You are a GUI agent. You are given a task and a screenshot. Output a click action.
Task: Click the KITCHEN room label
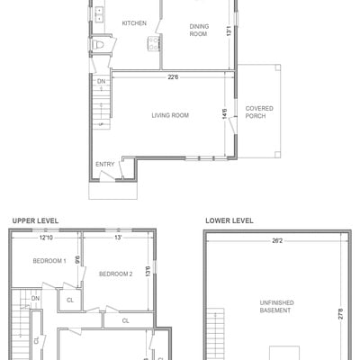134,23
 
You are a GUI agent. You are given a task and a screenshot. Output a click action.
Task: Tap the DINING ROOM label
199,30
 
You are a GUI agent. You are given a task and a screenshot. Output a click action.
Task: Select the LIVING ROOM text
170,115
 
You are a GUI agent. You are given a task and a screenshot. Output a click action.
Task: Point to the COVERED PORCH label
259,112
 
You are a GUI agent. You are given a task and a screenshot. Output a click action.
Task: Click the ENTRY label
105,164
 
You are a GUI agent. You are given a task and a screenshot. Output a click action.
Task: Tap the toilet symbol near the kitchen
98,45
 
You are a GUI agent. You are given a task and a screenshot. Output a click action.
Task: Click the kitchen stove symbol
154,43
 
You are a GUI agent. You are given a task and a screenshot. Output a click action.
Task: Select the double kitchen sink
99,14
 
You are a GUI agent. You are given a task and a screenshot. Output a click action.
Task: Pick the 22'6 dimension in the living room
173,77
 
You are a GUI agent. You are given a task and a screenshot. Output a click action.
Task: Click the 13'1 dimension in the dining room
229,31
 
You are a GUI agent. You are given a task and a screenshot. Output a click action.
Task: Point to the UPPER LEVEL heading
35,220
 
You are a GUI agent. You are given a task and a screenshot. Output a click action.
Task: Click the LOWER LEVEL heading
229,220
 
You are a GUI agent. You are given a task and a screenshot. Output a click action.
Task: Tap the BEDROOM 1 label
49,261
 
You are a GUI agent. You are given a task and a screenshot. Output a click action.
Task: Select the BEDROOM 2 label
116,274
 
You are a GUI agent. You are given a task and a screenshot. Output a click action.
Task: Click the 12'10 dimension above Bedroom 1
46,238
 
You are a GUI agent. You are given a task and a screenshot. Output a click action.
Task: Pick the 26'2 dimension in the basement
277,240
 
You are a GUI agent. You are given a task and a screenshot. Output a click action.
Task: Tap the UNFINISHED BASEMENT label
275,306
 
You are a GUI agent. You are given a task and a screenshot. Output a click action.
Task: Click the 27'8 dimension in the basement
341,314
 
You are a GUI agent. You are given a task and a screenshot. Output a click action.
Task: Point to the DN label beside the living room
101,81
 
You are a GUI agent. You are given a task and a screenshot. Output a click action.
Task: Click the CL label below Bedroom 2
125,320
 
